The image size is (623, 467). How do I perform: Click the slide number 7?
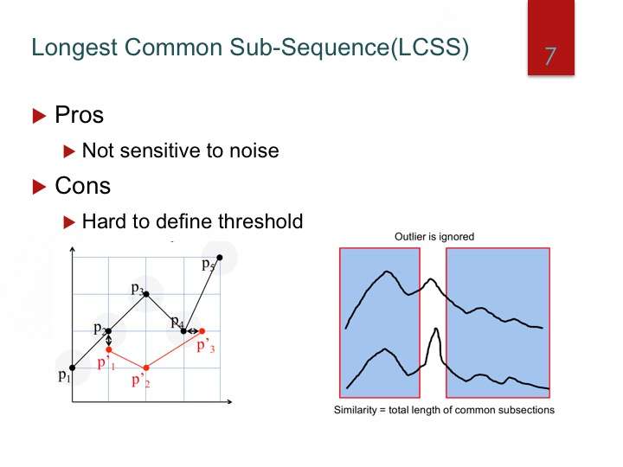coord(550,56)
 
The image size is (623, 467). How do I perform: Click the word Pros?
coord(79,115)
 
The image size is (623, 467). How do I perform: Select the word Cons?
coord(83,186)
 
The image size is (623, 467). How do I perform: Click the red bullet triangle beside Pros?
coord(39,116)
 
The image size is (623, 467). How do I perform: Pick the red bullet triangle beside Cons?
coord(39,187)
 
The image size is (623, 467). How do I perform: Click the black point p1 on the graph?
coord(73,368)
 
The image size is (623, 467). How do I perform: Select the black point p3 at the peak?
coord(146,294)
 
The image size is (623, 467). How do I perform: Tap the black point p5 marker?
coord(219,258)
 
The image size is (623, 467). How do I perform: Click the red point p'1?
coord(109,349)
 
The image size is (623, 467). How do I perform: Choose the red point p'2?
coord(146,368)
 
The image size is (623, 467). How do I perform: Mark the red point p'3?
coord(202,330)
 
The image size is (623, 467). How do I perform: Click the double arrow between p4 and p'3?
coord(193,330)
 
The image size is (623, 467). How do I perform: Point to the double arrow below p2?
coord(109,340)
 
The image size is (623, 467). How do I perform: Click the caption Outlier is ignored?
coord(434,237)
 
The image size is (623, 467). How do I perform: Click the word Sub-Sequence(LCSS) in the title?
coord(350,48)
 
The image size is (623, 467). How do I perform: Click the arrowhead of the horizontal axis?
coord(229,402)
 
